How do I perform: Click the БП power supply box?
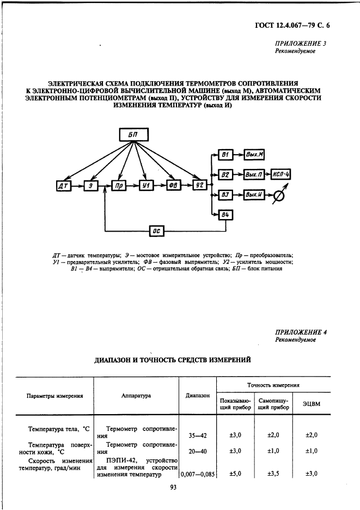[x=133, y=135]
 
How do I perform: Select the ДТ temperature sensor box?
[x=62, y=186]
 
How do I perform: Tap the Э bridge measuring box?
[x=90, y=186]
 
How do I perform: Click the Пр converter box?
[x=118, y=186]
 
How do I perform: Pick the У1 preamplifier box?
[x=145, y=186]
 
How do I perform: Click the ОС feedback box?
[x=157, y=231]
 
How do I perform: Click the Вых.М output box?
[x=254, y=155]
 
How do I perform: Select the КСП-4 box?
[x=283, y=175]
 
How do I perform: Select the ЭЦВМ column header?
[x=311, y=403]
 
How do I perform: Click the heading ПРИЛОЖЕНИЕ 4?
[x=301, y=331]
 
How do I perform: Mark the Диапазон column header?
[x=197, y=396]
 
